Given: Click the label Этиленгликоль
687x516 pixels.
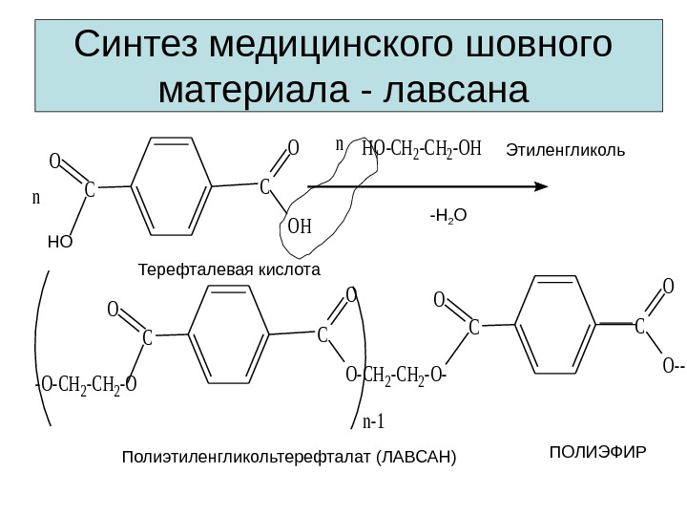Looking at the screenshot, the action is click(565, 150).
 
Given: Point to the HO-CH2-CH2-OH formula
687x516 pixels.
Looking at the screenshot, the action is click(423, 150).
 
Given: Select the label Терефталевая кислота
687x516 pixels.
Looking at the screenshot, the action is click(230, 270).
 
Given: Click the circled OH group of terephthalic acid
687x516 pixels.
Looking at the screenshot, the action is click(300, 227).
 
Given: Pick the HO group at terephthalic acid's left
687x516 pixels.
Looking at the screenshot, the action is click(59, 242).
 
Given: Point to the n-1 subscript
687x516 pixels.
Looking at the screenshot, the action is click(374, 421).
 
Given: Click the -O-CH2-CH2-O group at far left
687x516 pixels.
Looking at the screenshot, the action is click(86, 385).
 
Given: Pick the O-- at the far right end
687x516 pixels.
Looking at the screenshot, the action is click(672, 365).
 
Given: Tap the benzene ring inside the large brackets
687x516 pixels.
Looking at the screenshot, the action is click(230, 334).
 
